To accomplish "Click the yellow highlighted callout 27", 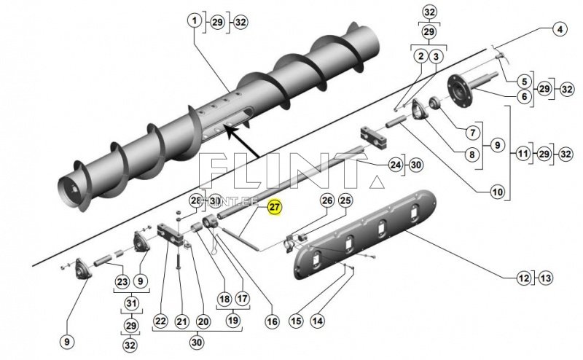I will pos(273,208).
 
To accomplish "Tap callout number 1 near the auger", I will pos(195,22).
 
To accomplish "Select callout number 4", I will pos(559,30).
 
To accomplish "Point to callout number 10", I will pos(497,192).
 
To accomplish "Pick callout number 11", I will pos(523,155).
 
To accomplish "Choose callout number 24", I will pos(396,165).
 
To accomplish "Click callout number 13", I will pos(547,277).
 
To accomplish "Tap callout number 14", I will pos(318,320).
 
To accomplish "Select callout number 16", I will pos(272,320).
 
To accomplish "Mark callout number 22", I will pos(160,320).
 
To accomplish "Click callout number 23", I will pos(122,281).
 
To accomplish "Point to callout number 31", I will pos(130,303).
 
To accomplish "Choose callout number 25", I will pos(345,200).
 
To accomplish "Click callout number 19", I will pos(232,320).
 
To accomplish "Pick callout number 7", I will pos(472,133).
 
